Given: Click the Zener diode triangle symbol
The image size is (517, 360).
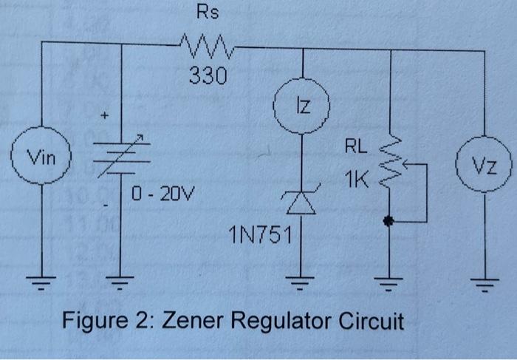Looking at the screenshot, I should pyautogui.click(x=302, y=202).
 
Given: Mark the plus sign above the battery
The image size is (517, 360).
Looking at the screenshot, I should pyautogui.click(x=106, y=116).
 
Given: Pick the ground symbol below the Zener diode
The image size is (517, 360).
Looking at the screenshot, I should pyautogui.click(x=302, y=279).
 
